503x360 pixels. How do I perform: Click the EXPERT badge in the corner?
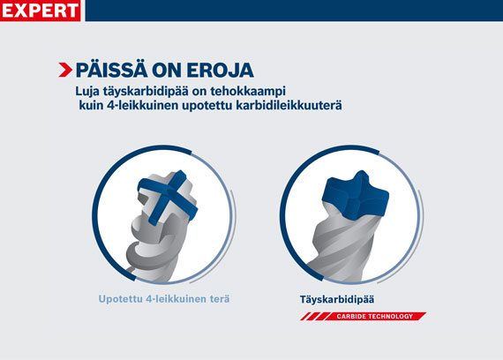click(41, 11)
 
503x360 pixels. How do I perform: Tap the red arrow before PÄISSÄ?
click(65, 70)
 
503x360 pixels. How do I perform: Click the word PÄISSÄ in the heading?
click(111, 70)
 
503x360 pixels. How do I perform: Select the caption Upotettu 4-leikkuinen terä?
click(164, 300)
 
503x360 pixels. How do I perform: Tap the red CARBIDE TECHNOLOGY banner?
click(363, 315)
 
